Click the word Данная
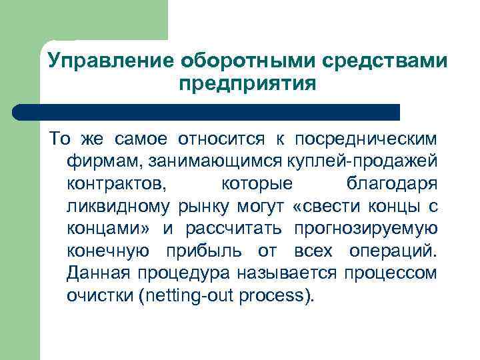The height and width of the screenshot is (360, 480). pyautogui.click(x=98, y=273)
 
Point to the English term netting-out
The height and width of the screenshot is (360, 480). pyautogui.click(x=185, y=296)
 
